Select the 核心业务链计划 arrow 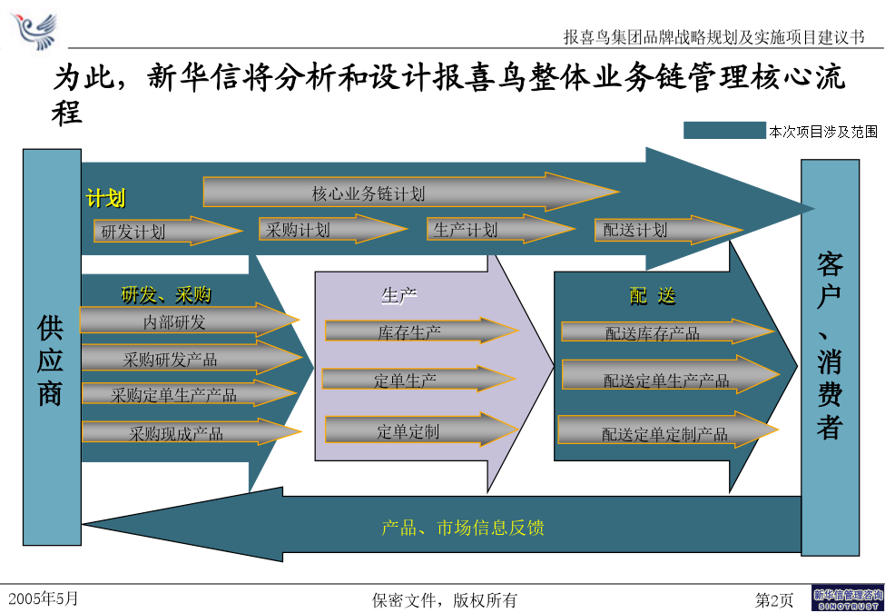pos(410,192)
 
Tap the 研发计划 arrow pos(168,231)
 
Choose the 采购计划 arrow pos(333,229)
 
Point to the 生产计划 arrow pos(501,229)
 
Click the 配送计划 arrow pos(668,230)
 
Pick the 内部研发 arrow pos(190,321)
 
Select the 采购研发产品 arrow pos(192,357)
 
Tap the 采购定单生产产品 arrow pos(190,393)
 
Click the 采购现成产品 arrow pos(192,431)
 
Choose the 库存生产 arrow pos(421,331)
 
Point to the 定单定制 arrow pos(421,430)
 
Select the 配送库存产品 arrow pos(668,331)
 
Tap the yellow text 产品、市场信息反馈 pos(462,528)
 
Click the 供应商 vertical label pos(50,360)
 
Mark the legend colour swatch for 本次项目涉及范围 pos(724,131)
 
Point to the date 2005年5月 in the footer pos(44,598)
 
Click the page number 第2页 pos(774,599)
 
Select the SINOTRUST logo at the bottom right pos(847,598)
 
